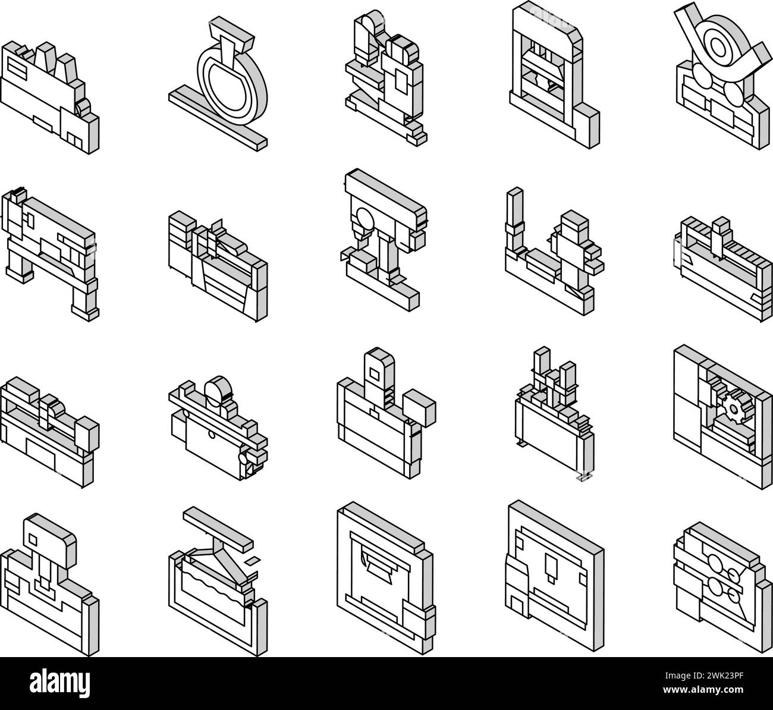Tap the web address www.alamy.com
click(x=703, y=690)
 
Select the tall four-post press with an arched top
click(x=554, y=76)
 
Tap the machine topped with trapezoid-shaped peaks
click(x=49, y=97)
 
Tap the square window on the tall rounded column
click(x=374, y=373)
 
